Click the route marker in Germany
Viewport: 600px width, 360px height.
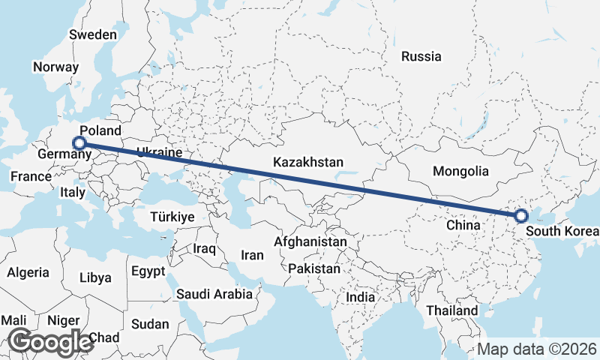[79, 142]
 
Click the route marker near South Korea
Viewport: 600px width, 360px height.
[521, 216]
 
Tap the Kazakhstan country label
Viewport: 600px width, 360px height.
[308, 162]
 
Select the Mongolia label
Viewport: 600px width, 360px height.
[460, 171]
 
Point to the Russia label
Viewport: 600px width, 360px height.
[421, 56]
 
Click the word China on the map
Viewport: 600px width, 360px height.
[462, 225]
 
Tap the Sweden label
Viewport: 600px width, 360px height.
[92, 34]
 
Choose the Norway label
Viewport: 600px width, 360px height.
[55, 67]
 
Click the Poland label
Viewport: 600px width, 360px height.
[100, 130]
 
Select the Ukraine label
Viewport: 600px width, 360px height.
[158, 153]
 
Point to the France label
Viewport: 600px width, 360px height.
[31, 177]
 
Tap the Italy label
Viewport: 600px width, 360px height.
[72, 193]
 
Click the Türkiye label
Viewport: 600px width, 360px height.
[172, 217]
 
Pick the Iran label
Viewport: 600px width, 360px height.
[252, 255]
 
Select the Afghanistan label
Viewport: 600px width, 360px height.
[310, 242]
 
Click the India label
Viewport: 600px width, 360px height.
[360, 297]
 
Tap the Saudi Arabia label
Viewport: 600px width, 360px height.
[214, 294]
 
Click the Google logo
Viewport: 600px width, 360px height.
[50, 342]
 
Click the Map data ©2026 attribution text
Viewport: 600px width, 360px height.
[537, 349]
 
